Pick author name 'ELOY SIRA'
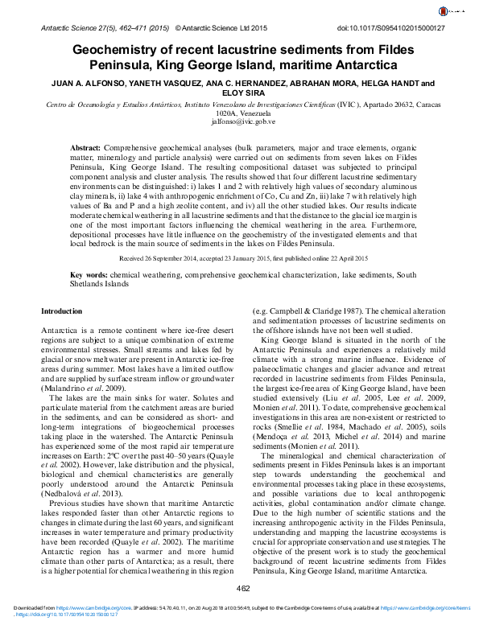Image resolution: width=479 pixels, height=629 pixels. coord(239,92)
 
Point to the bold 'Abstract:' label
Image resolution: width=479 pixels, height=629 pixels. coord(85,150)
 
